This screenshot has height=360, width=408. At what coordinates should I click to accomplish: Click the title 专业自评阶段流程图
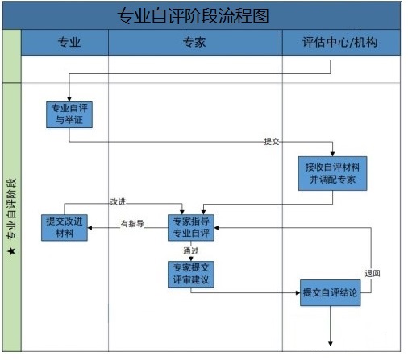pos(193,16)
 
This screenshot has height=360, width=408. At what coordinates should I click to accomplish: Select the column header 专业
pos(69,43)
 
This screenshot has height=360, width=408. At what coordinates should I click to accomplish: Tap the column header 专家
pos(194,43)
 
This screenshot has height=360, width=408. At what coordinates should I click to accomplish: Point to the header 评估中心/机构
pos(339,42)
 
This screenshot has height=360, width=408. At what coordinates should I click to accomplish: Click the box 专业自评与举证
pos(69,114)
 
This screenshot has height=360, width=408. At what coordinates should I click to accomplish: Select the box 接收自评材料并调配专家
pos(332,173)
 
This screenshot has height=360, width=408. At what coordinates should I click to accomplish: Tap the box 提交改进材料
pos(65,228)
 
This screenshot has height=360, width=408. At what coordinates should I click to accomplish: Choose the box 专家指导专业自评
pos(191,228)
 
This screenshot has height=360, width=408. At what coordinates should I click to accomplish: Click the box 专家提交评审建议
pos(191,274)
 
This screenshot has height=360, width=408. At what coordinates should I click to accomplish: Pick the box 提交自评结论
pos(331,292)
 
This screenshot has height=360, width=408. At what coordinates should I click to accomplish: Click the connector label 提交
pos(272,142)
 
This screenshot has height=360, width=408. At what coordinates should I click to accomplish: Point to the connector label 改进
pos(118,201)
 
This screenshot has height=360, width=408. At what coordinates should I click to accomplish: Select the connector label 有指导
pos(132,224)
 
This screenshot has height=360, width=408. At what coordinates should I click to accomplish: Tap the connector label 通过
pos(190,251)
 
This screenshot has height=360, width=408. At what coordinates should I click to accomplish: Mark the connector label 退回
pos(373,274)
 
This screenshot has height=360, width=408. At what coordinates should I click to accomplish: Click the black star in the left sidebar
pos(11,251)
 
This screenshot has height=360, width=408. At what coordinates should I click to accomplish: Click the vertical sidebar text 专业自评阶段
pos(11,209)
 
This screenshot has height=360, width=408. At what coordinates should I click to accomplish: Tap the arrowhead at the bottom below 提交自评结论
pos(331,344)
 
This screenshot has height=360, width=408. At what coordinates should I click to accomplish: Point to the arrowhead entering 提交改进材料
pos(90,228)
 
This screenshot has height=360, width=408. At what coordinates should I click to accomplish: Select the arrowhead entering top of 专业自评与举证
pos(69,99)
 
